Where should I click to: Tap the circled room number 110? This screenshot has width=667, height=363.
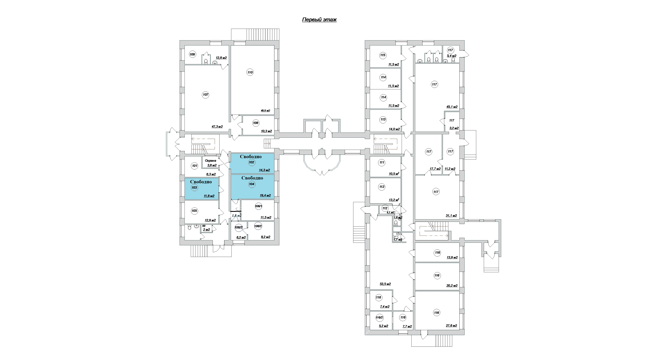point(250,72)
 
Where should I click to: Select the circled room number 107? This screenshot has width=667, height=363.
point(206,95)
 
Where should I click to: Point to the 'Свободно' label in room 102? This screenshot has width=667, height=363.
point(251,156)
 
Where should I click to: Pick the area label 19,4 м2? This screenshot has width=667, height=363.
point(265,196)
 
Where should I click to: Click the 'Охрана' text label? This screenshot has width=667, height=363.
point(210,161)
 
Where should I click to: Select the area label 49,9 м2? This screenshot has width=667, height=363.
point(265,111)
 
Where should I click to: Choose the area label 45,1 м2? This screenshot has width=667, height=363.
point(452,107)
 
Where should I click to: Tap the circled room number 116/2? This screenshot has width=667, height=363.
point(380,317)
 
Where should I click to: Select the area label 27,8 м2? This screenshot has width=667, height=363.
point(451,326)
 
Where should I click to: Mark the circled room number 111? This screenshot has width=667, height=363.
point(382,162)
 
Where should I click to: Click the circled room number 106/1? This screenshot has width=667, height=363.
point(259,206)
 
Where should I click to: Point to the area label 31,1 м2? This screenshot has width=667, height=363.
point(451,215)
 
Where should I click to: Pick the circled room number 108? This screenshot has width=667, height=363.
point(256,123)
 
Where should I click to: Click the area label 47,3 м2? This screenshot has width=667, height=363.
point(217,127)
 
